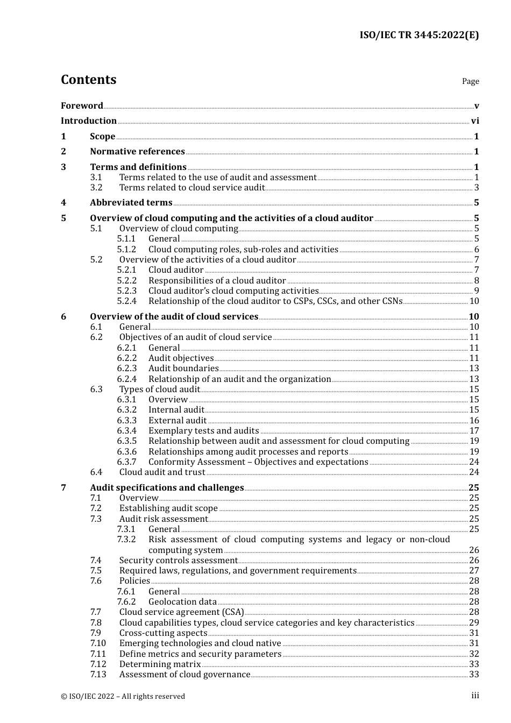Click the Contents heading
click(88, 80)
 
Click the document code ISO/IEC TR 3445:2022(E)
click(419, 35)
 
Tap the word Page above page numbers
click(470, 81)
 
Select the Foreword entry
click(82, 105)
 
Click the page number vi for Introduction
click(475, 121)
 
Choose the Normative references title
click(137, 152)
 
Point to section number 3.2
click(96, 188)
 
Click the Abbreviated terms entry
click(131, 203)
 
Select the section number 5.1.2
click(126, 250)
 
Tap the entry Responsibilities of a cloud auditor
click(217, 281)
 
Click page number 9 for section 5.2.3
click(477, 291)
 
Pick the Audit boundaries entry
click(183, 368)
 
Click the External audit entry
click(178, 421)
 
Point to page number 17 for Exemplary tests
click(474, 431)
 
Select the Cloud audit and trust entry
click(162, 472)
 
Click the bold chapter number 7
click(63, 488)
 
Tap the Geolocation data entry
click(182, 602)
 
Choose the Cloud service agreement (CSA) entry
click(181, 612)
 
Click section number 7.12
click(98, 664)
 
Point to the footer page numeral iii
click(475, 696)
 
